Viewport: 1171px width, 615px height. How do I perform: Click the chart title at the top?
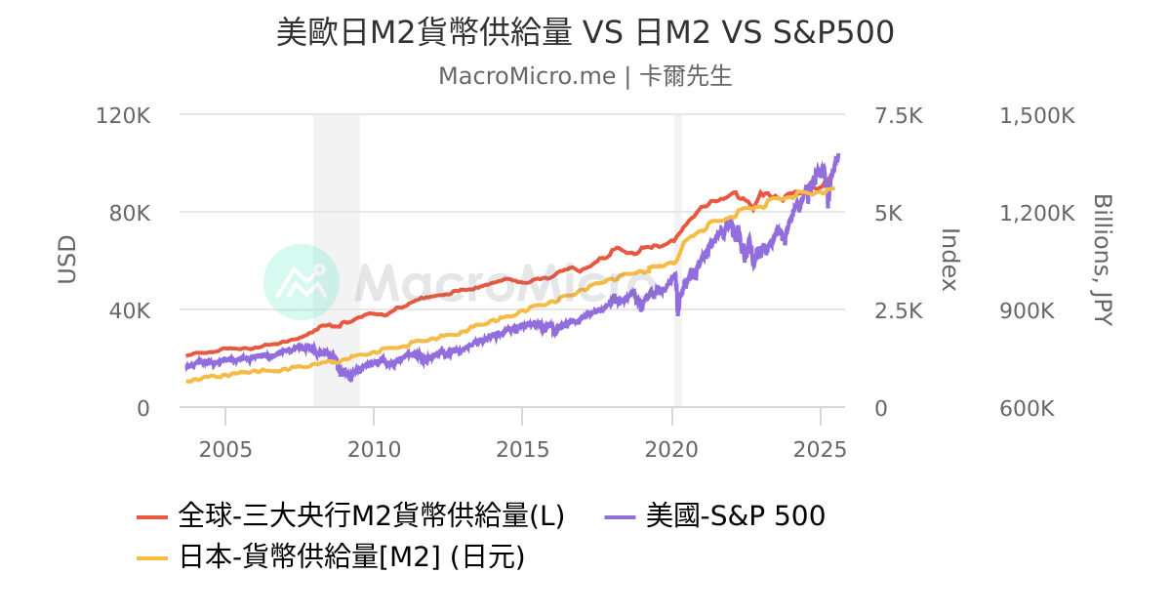pos(585,32)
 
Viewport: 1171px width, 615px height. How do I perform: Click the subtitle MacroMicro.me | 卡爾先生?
pos(585,76)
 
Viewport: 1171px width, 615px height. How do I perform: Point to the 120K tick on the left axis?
pos(124,115)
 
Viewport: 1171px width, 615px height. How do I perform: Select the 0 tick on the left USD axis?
pos(143,408)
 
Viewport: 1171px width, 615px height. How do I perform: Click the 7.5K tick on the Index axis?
pos(899,115)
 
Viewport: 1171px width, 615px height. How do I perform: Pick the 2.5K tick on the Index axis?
pos(899,310)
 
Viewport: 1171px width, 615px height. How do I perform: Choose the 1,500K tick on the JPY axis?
pos(1037,115)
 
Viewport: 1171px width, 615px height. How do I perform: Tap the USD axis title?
pos(66,260)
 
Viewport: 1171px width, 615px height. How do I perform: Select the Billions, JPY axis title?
pos(1103,260)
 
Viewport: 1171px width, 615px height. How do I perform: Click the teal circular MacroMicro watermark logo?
pos(302,282)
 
